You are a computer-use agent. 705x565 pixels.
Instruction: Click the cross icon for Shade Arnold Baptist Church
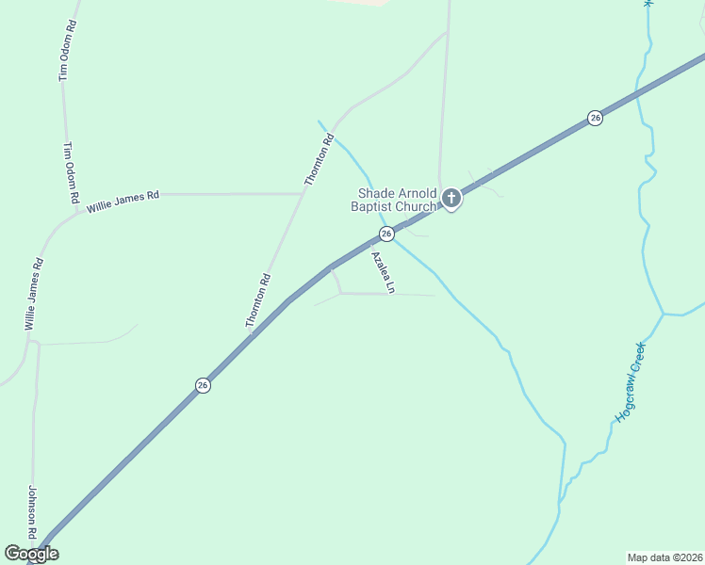[451, 198]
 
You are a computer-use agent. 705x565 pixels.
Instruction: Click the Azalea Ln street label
[381, 272]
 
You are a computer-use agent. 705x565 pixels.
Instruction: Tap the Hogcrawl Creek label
[630, 381]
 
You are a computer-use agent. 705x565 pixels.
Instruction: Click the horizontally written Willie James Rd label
[123, 200]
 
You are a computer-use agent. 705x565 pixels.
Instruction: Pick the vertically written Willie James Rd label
[34, 293]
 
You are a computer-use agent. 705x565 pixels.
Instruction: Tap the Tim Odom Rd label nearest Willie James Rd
[70, 173]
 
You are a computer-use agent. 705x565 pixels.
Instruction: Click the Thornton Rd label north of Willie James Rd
[319, 160]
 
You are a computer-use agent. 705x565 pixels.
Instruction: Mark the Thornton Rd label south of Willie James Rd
[257, 300]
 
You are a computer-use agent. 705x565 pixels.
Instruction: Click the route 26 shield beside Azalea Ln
[386, 233]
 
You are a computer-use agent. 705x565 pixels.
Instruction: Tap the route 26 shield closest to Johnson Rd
[203, 385]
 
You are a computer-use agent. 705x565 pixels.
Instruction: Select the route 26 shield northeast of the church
[595, 118]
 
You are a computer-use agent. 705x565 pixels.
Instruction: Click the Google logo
[31, 554]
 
